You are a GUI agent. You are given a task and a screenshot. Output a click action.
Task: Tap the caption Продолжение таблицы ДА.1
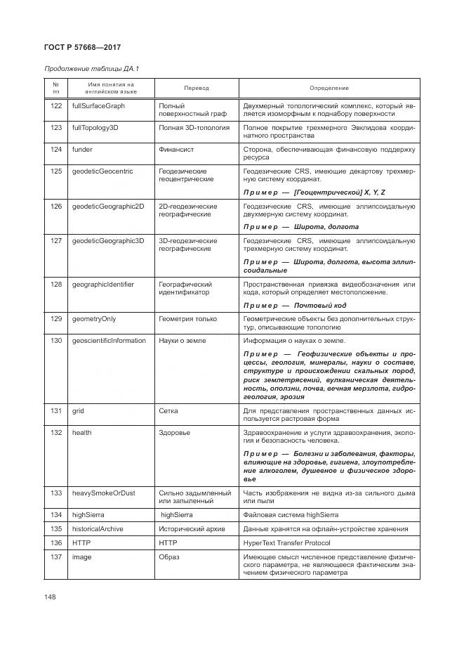91,69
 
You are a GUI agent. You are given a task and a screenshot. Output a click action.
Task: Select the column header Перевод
196,89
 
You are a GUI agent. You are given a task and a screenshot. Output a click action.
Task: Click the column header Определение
329,89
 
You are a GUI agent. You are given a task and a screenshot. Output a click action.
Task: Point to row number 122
56,105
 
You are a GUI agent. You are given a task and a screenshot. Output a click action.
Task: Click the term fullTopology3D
95,128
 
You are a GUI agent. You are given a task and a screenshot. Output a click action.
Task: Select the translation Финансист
176,150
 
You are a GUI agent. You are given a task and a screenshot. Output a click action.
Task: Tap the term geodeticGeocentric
102,171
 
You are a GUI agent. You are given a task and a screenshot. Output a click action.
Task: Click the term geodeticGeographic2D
107,207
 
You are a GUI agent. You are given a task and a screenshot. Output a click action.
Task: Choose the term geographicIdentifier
102,285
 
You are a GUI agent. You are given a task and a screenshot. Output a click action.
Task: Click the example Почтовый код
325,305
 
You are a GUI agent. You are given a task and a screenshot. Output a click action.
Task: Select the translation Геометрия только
187,319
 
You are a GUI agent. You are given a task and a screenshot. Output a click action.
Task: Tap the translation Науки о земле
183,341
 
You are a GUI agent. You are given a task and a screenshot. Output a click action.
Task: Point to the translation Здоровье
174,433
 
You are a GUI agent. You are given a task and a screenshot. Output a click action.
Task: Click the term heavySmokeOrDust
103,493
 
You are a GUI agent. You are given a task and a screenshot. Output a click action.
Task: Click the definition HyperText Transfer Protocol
296,542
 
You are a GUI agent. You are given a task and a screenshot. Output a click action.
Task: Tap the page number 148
49,597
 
